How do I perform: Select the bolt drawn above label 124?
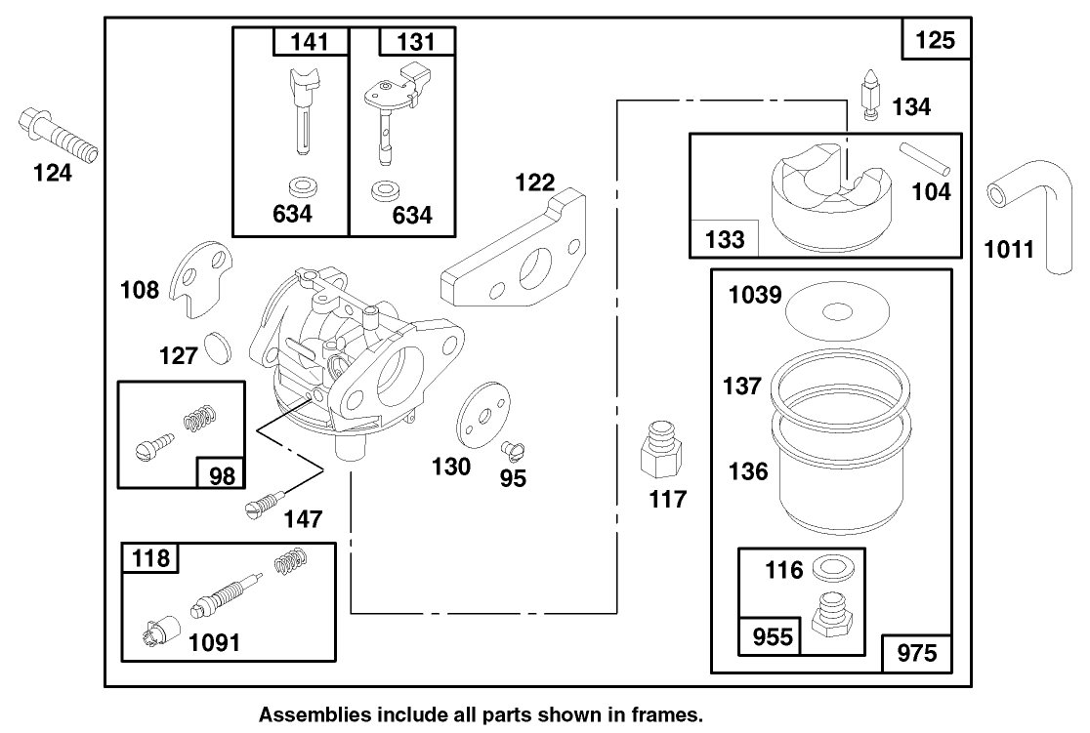(59, 138)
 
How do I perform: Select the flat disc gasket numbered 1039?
(836, 311)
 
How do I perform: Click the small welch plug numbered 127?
(220, 346)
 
